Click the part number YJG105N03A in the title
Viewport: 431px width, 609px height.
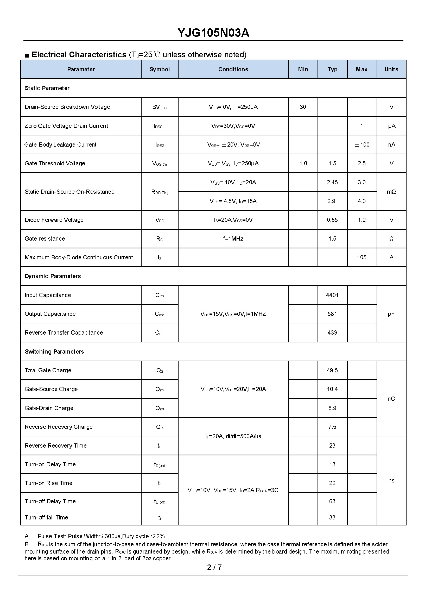pos(213,33)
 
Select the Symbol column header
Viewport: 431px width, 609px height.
pos(160,69)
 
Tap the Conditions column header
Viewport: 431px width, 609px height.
pos(233,69)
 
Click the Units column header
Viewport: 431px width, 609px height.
pos(391,69)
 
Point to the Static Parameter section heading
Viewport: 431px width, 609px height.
pos(47,88)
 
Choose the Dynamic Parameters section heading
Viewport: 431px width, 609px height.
pos(53,276)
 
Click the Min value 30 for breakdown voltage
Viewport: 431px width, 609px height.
pos(303,107)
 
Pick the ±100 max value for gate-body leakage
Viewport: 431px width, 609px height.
pos(362,145)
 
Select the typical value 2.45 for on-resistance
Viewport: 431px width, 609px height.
pos(332,182)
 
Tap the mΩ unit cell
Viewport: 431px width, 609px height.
pos(391,192)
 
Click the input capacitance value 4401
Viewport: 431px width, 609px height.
pos(332,295)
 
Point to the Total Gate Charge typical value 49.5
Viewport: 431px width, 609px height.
pos(332,370)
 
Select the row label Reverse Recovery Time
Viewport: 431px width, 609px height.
pos(55,445)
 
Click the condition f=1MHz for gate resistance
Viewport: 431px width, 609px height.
pos(233,239)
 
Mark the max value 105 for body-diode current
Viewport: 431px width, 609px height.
pos(362,257)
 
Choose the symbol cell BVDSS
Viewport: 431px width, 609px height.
pos(160,107)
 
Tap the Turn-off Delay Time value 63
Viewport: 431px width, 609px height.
pos(332,501)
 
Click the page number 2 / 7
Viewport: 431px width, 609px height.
pos(214,567)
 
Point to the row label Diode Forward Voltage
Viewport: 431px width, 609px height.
pos(54,220)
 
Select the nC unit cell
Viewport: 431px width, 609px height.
pos(391,399)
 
